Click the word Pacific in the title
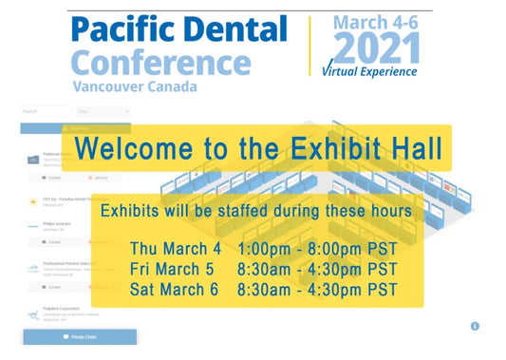point(120,30)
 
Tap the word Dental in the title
point(233,30)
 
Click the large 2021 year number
point(376,47)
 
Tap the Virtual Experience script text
point(370,71)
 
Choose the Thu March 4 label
point(176,249)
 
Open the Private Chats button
point(80,337)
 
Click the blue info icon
point(475,326)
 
